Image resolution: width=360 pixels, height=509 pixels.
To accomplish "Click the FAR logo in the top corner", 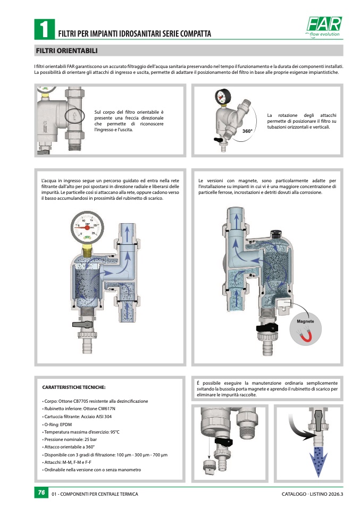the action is coord(324,27).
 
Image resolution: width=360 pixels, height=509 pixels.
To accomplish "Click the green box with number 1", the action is coord(44,29).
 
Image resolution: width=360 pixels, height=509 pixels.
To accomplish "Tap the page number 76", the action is coord(41,493).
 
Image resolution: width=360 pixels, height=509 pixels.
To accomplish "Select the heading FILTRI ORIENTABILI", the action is coord(66,50).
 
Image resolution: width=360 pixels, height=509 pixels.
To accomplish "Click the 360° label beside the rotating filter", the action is coord(247,131).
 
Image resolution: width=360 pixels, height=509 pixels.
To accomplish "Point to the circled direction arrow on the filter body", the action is coord(74,116).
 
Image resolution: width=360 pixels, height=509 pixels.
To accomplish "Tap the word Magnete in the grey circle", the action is coord(305,321).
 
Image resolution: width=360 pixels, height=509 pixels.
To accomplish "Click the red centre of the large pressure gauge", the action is coord(87,227).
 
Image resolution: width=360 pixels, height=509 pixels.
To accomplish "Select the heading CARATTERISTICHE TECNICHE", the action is coord(74,387).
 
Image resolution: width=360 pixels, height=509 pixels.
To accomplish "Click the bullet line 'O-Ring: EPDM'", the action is coord(57,425).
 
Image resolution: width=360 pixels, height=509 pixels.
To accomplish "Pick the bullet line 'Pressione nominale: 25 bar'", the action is coord(70,439).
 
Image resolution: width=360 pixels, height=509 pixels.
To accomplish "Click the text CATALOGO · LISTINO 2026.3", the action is coord(312,494).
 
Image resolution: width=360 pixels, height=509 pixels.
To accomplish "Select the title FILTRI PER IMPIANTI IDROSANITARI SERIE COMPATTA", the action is coord(135,33).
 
